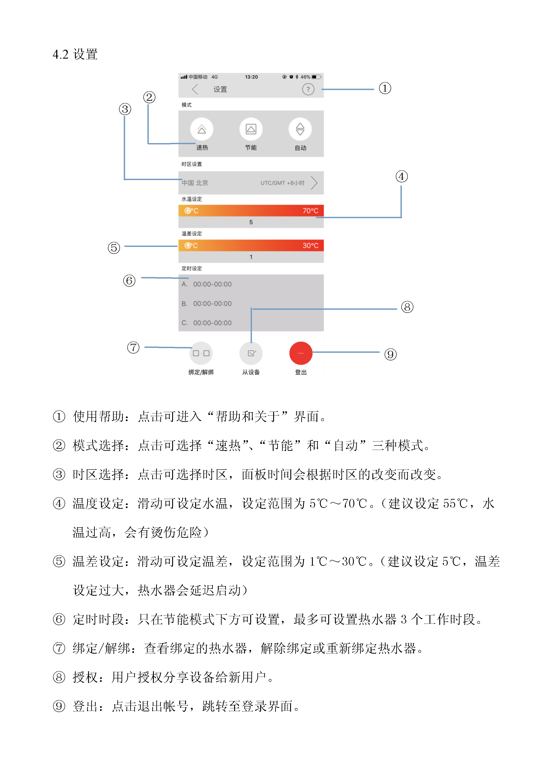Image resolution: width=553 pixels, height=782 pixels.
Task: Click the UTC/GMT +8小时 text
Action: [283, 183]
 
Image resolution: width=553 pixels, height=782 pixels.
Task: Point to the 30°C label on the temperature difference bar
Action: [310, 246]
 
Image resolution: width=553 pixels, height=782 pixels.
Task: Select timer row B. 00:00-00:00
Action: [207, 304]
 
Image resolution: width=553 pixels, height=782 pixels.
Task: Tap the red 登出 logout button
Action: [301, 353]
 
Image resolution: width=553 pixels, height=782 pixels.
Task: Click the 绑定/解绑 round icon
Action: [201, 353]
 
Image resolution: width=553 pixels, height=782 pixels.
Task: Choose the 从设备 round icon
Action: [251, 353]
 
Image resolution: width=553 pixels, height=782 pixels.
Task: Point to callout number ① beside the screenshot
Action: [385, 88]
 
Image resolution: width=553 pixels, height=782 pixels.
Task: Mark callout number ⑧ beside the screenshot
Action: [407, 307]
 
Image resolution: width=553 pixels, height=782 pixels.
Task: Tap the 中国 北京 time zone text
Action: [195, 183]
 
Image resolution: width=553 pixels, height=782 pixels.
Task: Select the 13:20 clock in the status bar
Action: [252, 77]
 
